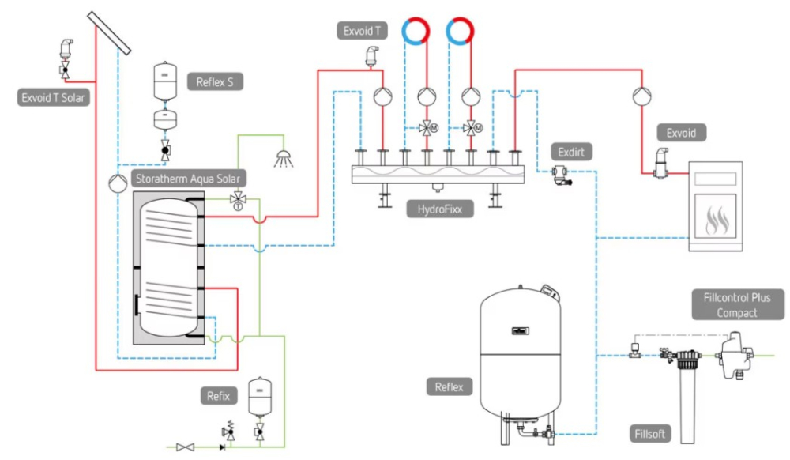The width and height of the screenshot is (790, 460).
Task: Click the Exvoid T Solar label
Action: (x=54, y=98)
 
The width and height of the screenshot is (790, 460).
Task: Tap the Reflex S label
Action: (x=215, y=81)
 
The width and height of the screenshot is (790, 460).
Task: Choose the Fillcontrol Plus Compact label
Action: (x=737, y=305)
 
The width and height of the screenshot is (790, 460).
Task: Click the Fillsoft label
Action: (x=653, y=434)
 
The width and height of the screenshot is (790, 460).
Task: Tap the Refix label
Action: (x=219, y=396)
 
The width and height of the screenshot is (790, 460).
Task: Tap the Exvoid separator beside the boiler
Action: (x=659, y=163)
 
